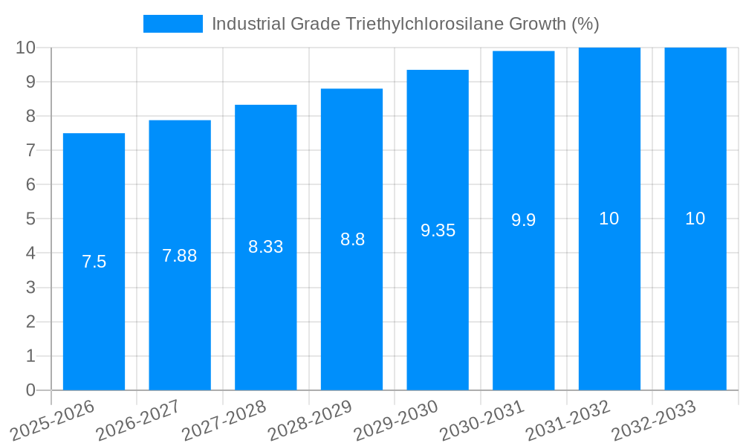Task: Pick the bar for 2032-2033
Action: point(695,297)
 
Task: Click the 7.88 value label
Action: point(180,256)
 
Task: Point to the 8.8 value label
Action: point(352,239)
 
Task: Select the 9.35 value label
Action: point(438,230)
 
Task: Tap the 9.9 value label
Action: point(523,220)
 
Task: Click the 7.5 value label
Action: point(94,262)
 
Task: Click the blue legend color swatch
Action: point(172,24)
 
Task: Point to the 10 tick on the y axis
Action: point(25,48)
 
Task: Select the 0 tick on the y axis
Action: point(30,390)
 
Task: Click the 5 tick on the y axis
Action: point(30,219)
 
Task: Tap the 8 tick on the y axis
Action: point(30,116)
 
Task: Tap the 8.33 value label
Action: point(265,247)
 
